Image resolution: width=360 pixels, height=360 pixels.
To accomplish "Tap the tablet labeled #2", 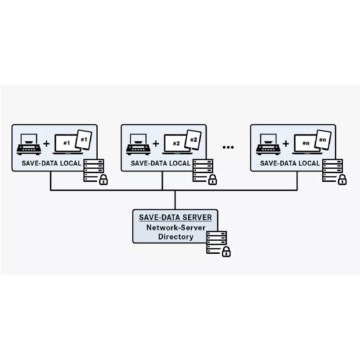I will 193,140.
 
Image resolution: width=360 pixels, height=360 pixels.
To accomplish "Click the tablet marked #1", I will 84,140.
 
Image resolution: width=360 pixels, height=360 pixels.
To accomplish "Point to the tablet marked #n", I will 323,140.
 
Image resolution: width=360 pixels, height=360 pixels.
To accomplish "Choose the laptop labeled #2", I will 175,144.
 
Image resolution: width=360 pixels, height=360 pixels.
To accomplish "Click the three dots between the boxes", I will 228,147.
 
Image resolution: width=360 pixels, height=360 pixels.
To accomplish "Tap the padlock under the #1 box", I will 103,180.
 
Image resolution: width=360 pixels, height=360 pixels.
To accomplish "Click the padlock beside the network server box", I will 226,252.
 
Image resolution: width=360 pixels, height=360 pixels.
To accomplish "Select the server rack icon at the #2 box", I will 203,170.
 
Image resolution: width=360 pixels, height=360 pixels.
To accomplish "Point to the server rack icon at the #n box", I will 333,170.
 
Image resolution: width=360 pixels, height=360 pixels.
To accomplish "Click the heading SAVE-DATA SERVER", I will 175,218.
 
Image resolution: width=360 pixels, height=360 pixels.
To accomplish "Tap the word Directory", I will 175,237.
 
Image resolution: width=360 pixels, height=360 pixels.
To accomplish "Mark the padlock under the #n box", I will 342,180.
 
